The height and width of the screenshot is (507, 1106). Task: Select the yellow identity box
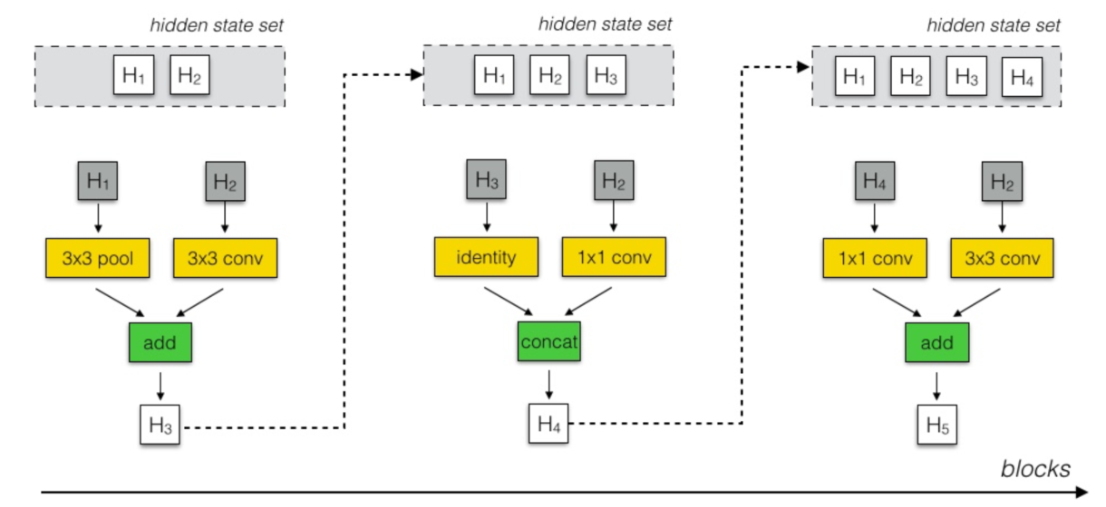486,257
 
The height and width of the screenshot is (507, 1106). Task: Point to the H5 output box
937,423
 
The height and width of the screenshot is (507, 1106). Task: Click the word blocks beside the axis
1035,469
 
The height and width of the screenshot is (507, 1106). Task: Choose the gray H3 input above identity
486,180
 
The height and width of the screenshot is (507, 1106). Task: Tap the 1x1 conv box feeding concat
614,257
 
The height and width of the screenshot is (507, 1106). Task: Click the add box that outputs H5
937,343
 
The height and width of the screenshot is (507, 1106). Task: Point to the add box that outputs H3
160,343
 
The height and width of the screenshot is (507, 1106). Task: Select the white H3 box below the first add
160,423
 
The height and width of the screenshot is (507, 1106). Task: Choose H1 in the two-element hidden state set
133,77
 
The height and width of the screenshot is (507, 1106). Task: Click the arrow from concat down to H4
548,385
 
